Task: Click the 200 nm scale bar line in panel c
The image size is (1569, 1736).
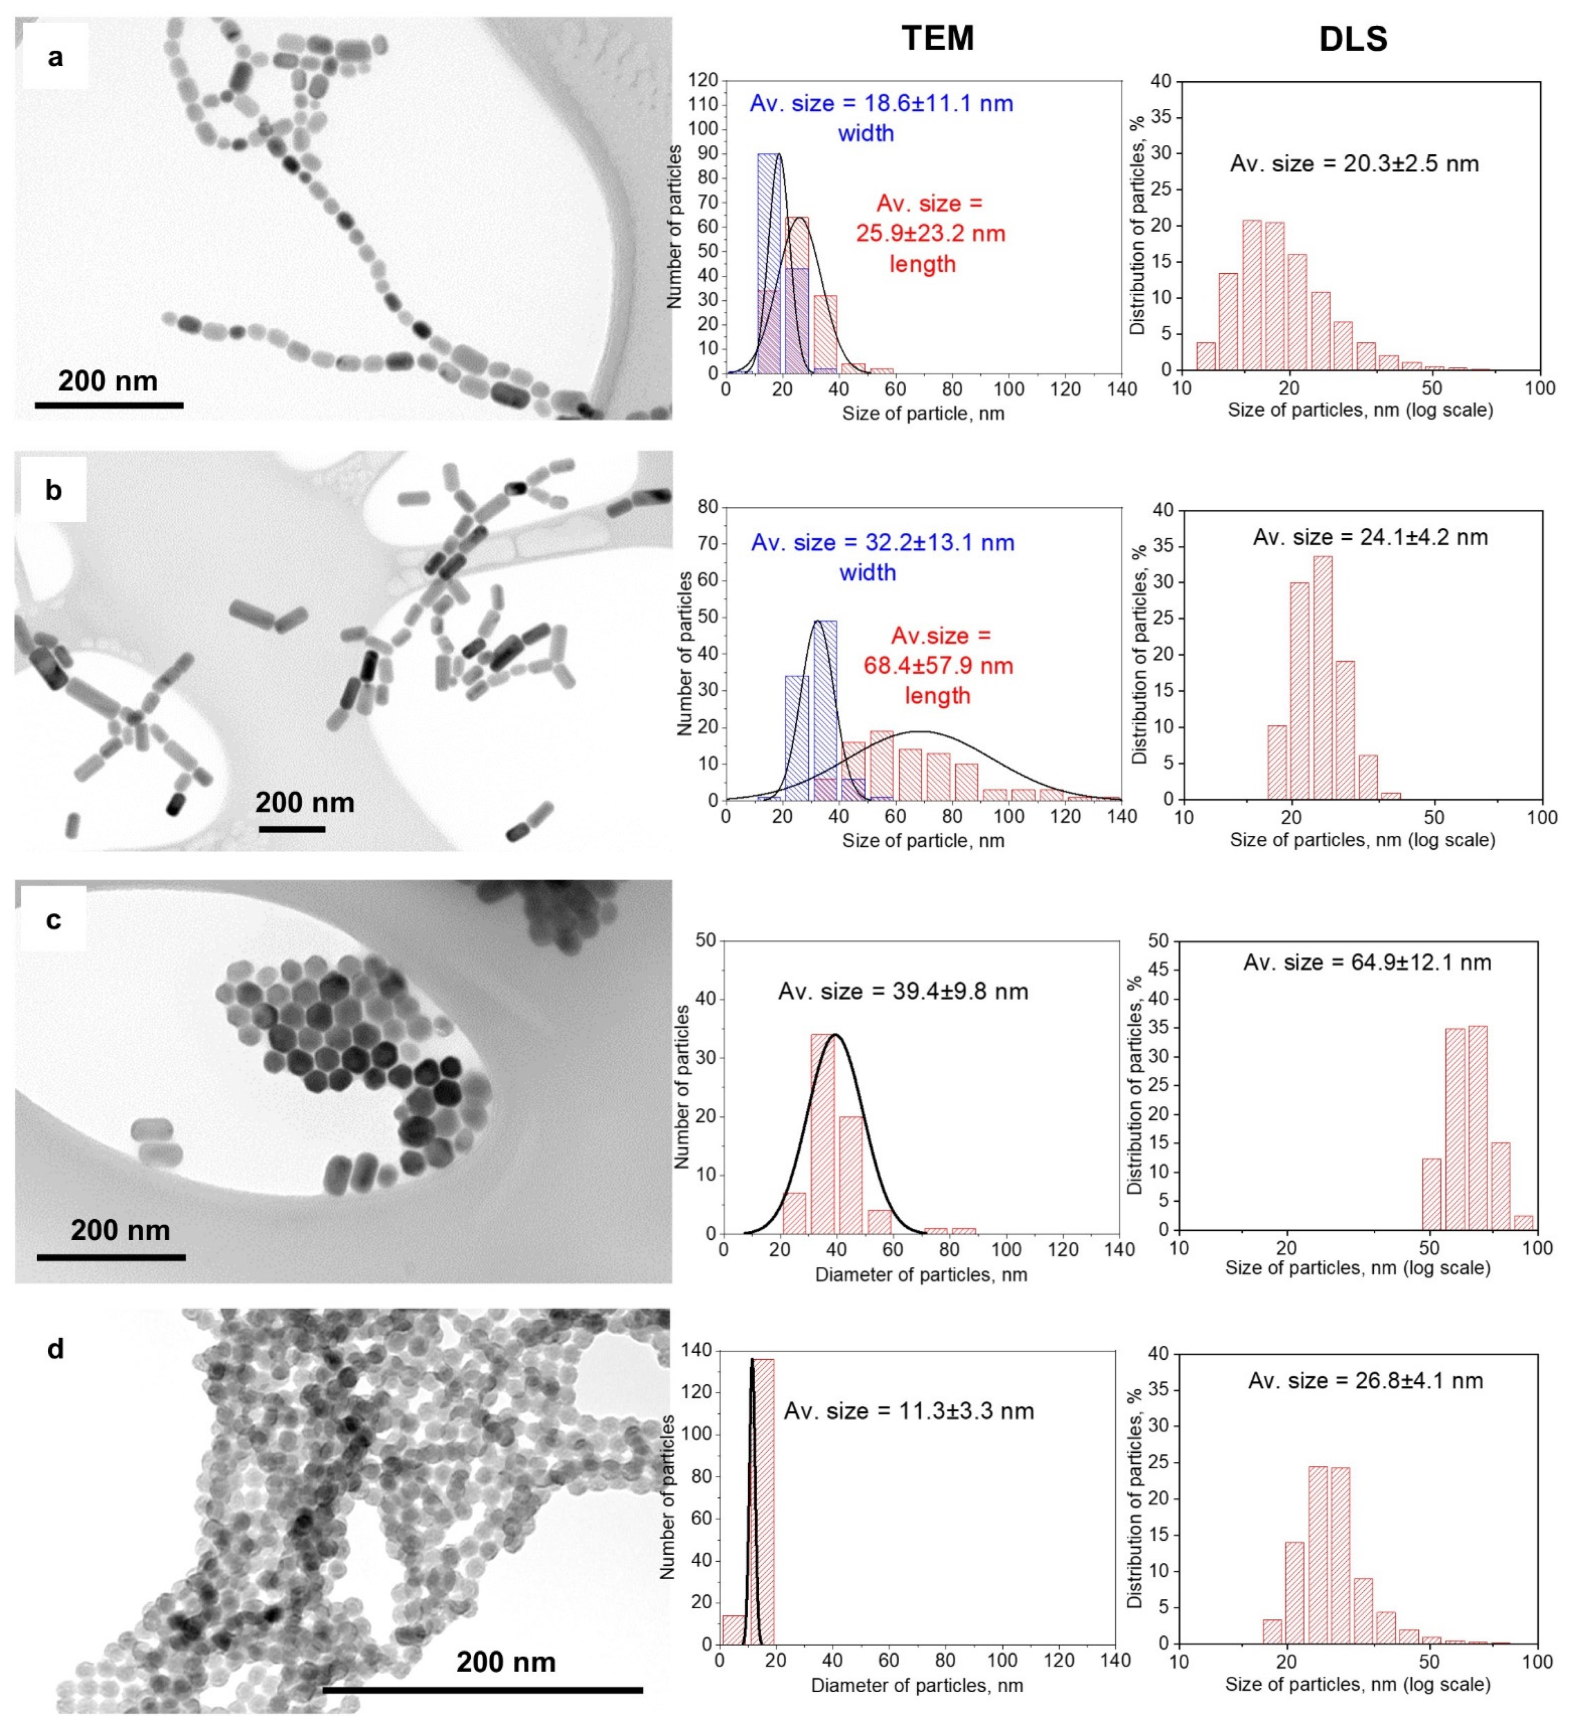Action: (x=111, y=1257)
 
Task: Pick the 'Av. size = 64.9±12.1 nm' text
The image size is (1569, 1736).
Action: (x=1367, y=962)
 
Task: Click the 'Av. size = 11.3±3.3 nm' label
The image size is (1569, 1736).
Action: (x=909, y=1411)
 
